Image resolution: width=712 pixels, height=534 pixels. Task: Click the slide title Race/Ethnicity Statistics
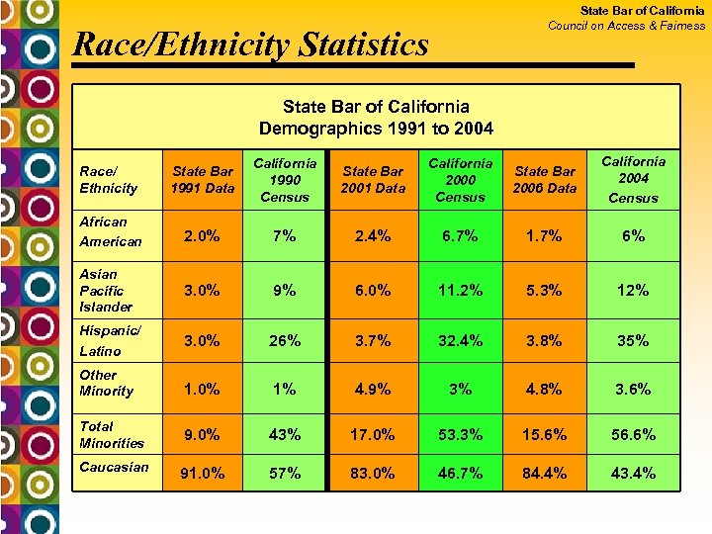pos(251,44)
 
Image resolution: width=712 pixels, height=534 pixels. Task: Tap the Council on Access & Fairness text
pos(626,26)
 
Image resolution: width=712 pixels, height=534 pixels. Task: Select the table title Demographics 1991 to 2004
pos(376,129)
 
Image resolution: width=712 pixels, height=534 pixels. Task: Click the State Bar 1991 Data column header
pos(202,179)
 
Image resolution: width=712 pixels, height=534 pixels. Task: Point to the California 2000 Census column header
pos(460,179)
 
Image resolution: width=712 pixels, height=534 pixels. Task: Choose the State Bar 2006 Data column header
pos(545,179)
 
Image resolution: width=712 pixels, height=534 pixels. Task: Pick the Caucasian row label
pos(114,467)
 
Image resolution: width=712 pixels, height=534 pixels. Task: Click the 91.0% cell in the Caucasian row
pos(202,474)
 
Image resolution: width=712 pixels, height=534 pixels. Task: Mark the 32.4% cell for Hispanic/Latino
pos(460,341)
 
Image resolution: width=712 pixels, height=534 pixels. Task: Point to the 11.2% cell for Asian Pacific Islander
pos(460,291)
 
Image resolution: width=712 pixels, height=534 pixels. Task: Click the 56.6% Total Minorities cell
pos(633,434)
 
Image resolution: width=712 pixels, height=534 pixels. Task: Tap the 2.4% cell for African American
pos(373,235)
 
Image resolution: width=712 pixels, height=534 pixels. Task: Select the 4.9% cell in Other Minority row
pos(373,389)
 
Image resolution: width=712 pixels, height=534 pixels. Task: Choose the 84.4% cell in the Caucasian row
pos(545,474)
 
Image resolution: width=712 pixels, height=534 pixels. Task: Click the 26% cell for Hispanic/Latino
pos(285,341)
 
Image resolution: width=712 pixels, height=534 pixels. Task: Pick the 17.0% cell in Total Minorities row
pos(373,434)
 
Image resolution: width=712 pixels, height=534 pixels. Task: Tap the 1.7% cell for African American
pos(545,235)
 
